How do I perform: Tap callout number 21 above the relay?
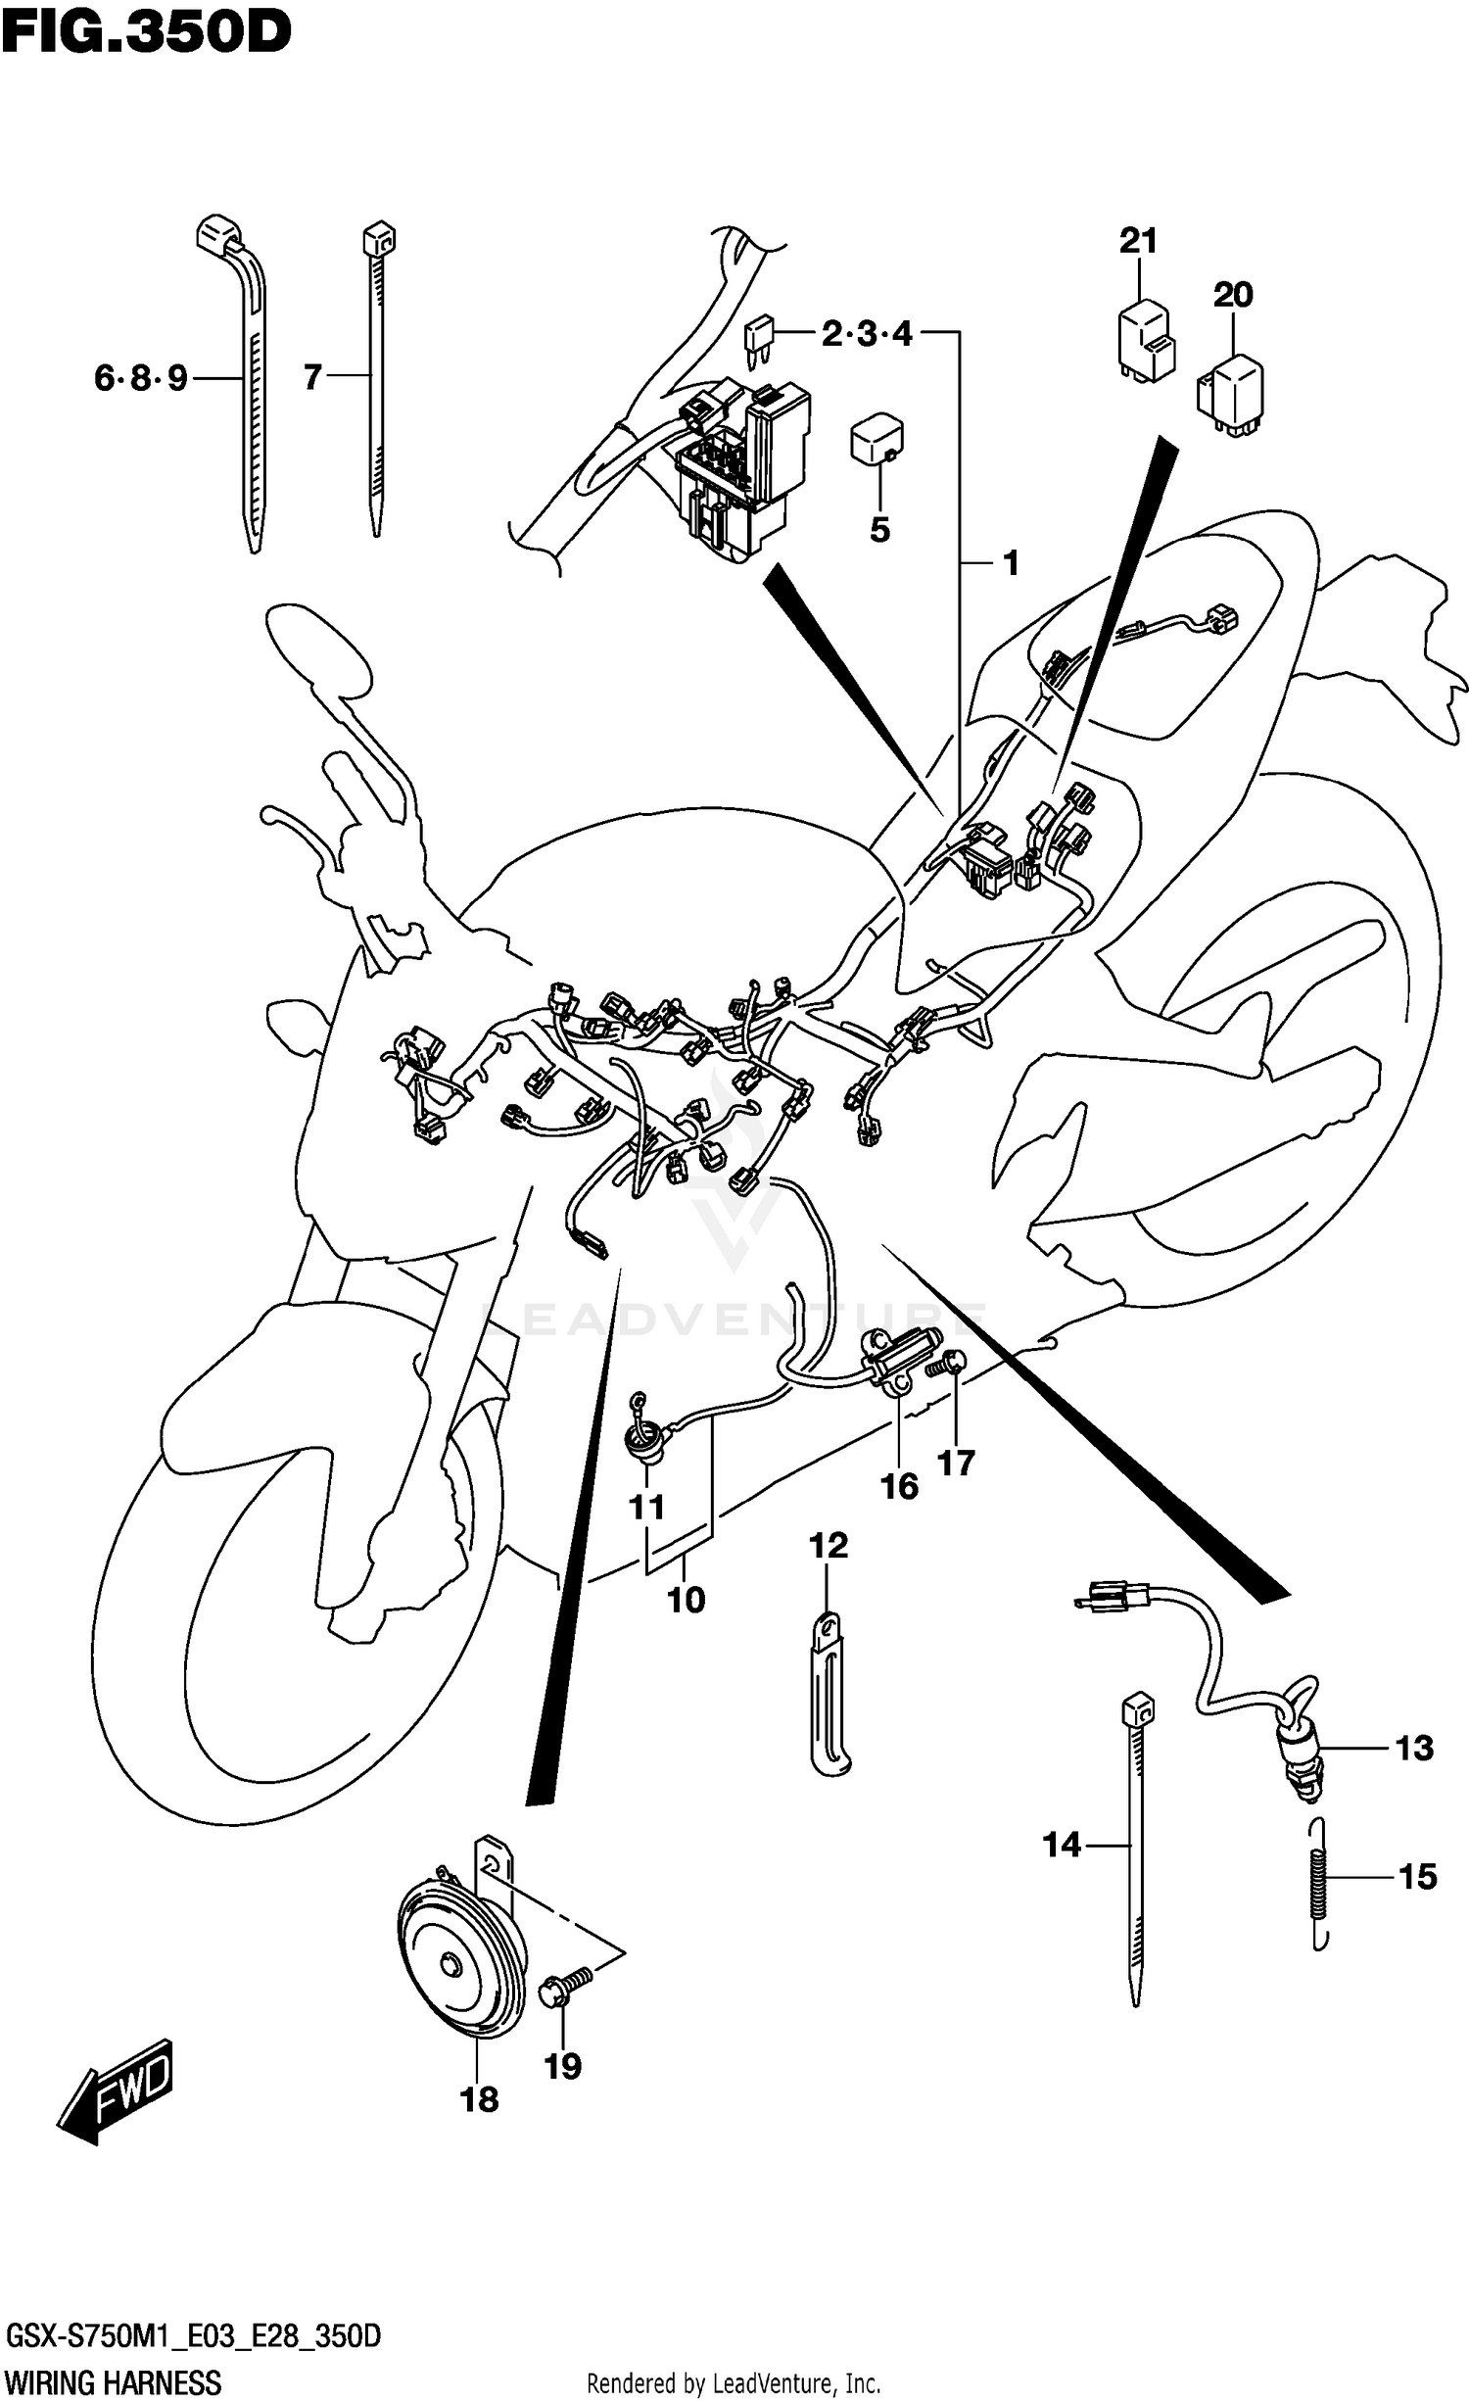[1138, 240]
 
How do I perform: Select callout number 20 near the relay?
[1233, 294]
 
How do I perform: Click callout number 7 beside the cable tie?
[312, 377]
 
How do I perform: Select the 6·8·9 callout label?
[141, 377]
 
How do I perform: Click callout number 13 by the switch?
[1414, 1748]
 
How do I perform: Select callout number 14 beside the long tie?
[1062, 1846]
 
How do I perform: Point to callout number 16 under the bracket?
[899, 1486]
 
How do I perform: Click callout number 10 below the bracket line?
[686, 1600]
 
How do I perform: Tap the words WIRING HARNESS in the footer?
[114, 2376]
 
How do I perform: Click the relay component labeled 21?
[1146, 343]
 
